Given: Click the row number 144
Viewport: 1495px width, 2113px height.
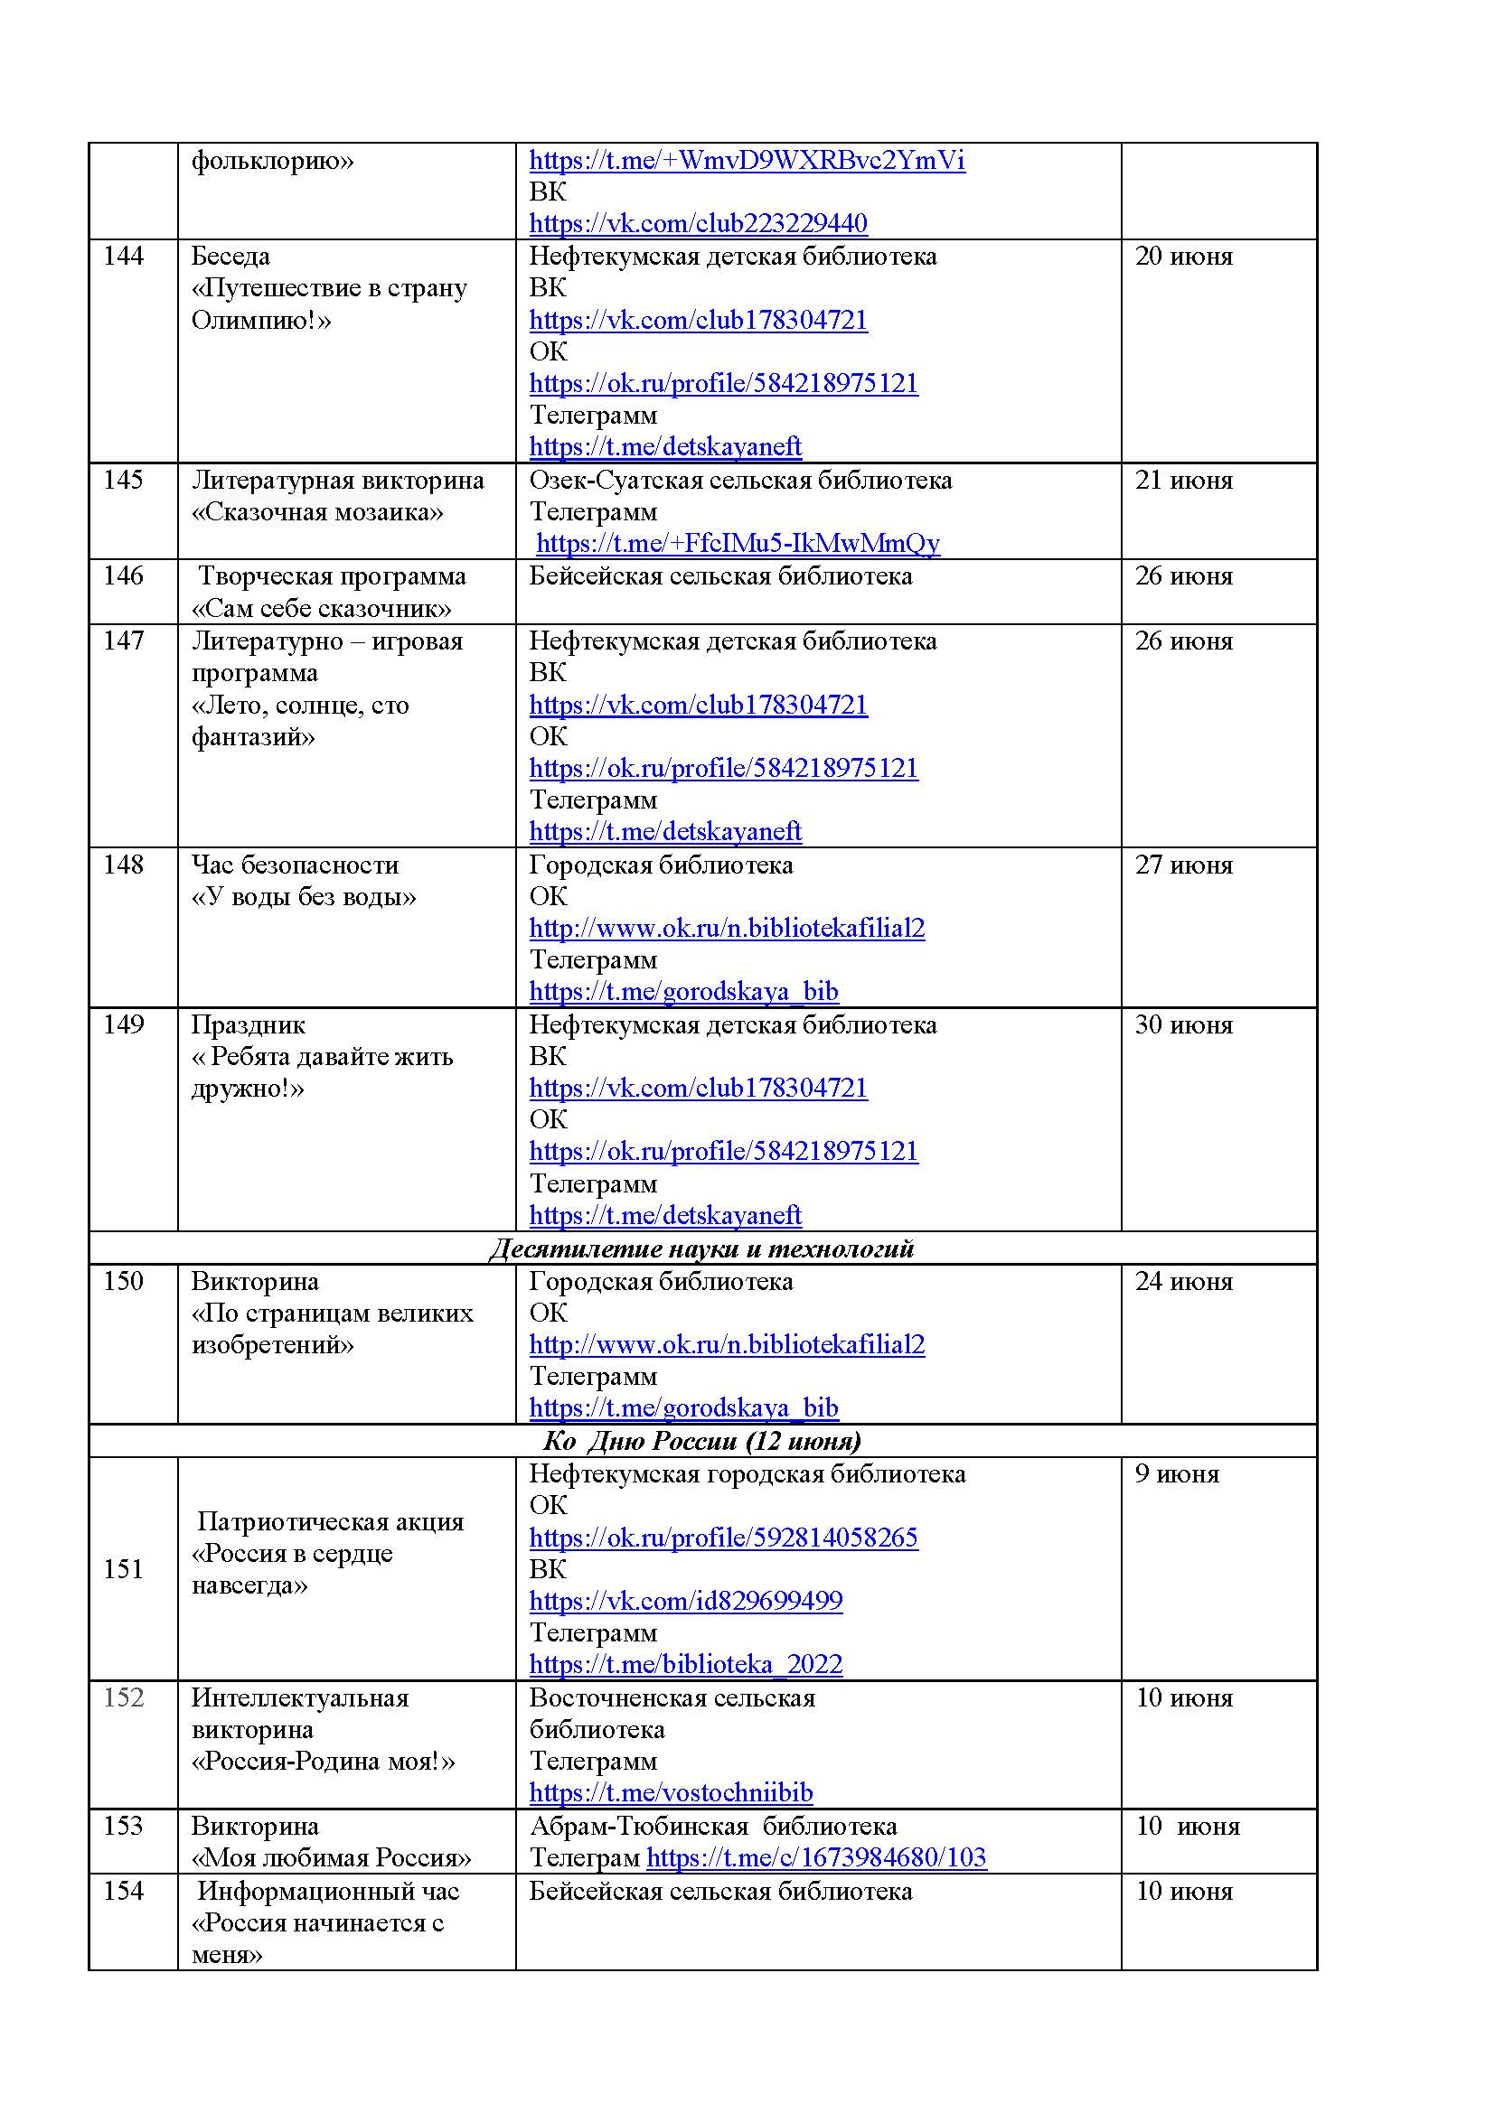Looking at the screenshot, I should [x=123, y=256].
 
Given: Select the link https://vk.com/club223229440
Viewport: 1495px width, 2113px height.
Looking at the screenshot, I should [x=698, y=223].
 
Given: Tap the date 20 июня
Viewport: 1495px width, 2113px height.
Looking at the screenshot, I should [x=1183, y=256].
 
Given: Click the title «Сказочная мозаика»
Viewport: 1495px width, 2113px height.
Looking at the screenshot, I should [x=317, y=511].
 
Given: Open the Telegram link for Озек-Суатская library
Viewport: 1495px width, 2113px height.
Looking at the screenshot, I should [x=738, y=543].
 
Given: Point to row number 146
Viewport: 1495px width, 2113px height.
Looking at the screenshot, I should [x=123, y=575].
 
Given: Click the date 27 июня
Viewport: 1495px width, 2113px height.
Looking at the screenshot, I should [x=1183, y=865].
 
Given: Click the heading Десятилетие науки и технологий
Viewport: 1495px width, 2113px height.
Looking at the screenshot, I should [x=701, y=1248].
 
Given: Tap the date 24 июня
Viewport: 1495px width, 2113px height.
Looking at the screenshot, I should [x=1183, y=1281].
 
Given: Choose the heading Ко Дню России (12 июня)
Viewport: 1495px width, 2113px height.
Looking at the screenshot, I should [x=701, y=1440].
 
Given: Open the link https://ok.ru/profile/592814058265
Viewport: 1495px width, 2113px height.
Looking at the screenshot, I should [x=724, y=1537].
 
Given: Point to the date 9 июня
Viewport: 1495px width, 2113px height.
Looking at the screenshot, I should [x=1177, y=1473].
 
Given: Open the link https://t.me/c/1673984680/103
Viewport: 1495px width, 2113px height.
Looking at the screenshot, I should [x=815, y=1857].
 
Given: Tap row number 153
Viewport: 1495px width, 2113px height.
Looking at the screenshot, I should [x=123, y=1826].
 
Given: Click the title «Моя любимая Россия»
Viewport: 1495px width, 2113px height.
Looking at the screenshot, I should [x=332, y=1857].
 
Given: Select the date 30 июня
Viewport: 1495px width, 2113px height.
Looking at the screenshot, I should [x=1183, y=1024].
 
